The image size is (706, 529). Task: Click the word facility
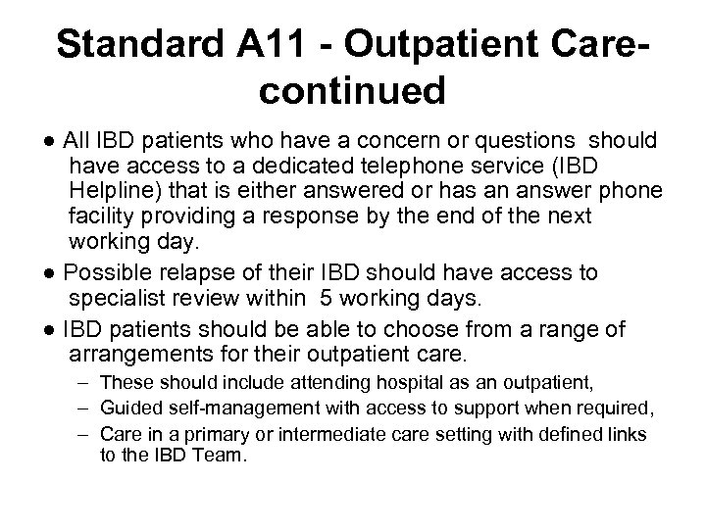pos(104,215)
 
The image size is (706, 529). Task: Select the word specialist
pos(119,298)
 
